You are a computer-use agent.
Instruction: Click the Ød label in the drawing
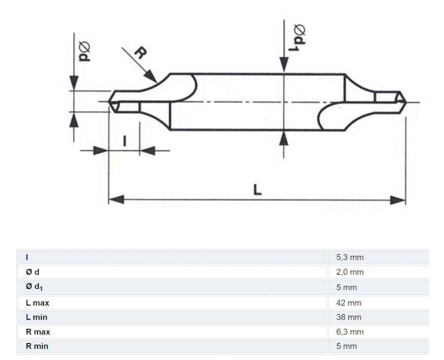84,52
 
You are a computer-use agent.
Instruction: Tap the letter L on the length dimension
257,189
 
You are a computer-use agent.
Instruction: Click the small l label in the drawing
124,141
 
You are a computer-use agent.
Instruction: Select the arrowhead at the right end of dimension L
398,199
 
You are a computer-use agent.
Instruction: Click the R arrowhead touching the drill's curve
152,77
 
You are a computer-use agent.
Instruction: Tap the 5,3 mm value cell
350,257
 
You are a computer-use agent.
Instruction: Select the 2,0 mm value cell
350,272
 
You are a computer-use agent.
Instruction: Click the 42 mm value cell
349,303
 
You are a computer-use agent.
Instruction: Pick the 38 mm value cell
349,317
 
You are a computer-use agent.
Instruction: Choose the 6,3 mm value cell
350,332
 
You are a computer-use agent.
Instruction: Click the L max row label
37,303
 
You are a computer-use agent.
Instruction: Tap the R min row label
37,346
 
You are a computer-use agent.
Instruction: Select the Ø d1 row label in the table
35,287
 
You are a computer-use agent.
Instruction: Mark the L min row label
37,317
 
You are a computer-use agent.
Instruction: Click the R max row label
38,332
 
